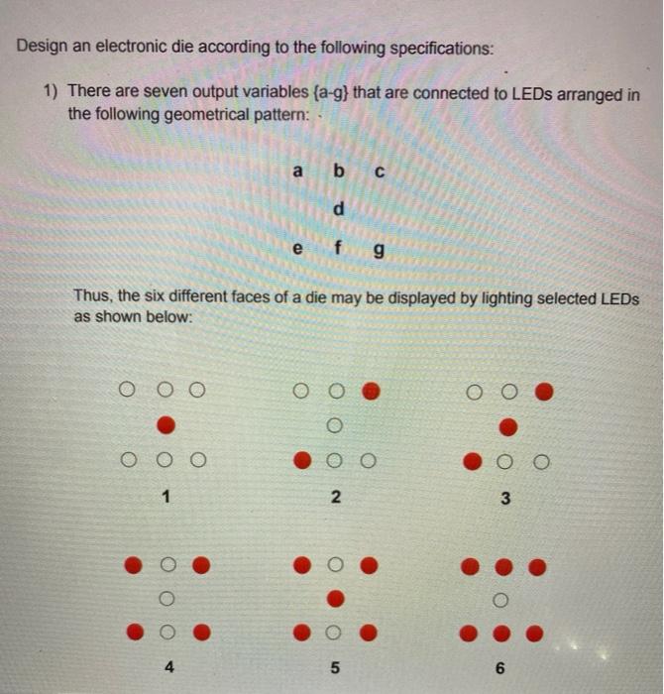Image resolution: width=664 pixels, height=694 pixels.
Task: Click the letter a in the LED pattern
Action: (297, 171)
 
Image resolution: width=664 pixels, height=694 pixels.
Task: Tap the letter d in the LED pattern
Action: (339, 210)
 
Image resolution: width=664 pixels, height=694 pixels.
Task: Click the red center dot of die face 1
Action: (166, 425)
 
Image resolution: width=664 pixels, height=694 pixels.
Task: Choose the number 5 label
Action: (336, 667)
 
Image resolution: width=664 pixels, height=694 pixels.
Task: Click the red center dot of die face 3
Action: (507, 427)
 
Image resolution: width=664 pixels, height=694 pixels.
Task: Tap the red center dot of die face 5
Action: (336, 598)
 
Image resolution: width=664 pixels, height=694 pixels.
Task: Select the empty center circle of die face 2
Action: (335, 426)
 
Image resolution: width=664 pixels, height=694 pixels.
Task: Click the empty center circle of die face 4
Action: (166, 598)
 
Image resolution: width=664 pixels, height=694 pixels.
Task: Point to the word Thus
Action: (94, 297)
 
